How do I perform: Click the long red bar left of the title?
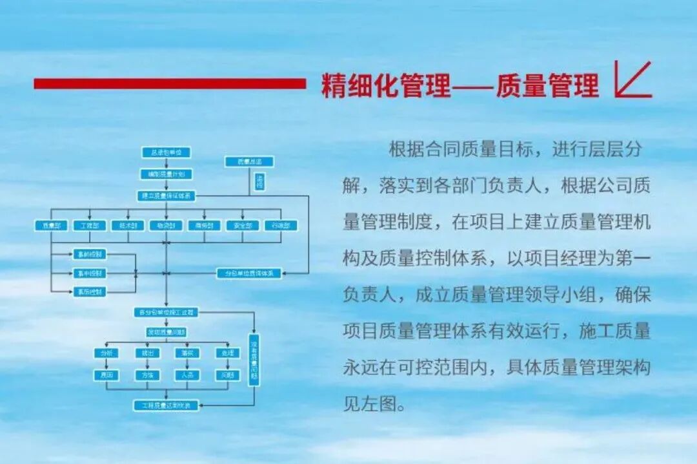click(x=169, y=83)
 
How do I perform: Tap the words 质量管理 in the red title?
click(x=547, y=85)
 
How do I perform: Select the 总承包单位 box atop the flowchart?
click(x=167, y=153)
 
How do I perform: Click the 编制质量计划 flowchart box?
click(x=167, y=174)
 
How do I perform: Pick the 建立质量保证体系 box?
click(x=167, y=195)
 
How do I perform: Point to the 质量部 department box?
click(x=51, y=226)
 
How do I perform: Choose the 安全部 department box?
click(x=243, y=226)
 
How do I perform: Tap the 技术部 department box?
click(x=127, y=226)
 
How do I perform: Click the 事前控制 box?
click(x=90, y=255)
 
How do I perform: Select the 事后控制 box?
click(x=90, y=292)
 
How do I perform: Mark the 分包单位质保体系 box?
click(x=248, y=273)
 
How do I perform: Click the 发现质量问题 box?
click(x=167, y=332)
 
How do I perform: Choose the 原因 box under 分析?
click(x=106, y=375)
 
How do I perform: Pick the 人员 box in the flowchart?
click(x=186, y=375)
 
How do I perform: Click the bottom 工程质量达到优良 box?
click(x=167, y=405)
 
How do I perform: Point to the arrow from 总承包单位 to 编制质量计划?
click(x=167, y=163)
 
